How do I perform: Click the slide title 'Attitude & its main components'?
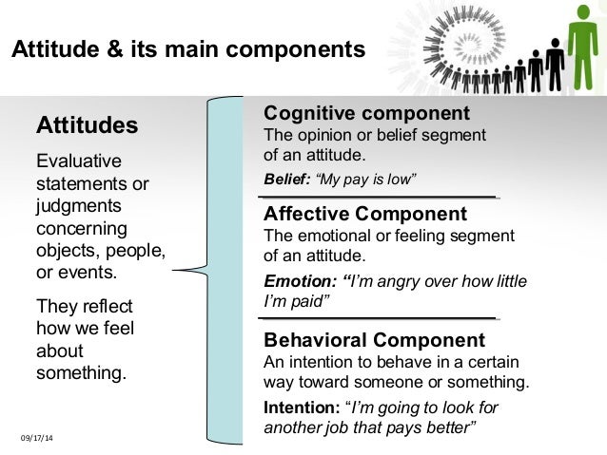tap(187, 49)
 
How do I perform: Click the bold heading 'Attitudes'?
tap(87, 125)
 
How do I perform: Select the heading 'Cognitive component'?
tap(366, 114)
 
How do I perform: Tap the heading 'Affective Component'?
tap(364, 214)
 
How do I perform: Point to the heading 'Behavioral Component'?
tap(373, 340)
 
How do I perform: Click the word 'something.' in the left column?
tap(81, 373)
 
